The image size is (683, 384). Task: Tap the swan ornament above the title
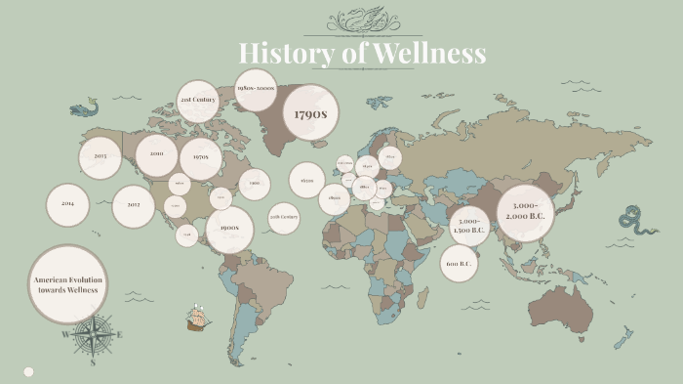(363, 20)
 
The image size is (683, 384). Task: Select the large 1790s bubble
(309, 112)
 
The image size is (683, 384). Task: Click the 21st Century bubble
(197, 101)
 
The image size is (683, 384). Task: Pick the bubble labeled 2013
(100, 157)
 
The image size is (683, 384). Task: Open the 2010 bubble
(156, 153)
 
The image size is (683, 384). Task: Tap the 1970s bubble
(201, 157)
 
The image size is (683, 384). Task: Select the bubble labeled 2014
(67, 204)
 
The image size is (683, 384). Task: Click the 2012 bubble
(134, 206)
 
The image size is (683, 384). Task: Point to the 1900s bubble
(229, 231)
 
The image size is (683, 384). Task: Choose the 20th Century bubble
(284, 218)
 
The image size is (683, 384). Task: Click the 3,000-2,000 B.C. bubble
(526, 212)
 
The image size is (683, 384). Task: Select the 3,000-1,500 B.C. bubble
(469, 226)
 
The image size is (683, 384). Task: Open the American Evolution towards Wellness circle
(67, 284)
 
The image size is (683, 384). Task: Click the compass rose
(93, 336)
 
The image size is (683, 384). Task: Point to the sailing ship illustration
(198, 318)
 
